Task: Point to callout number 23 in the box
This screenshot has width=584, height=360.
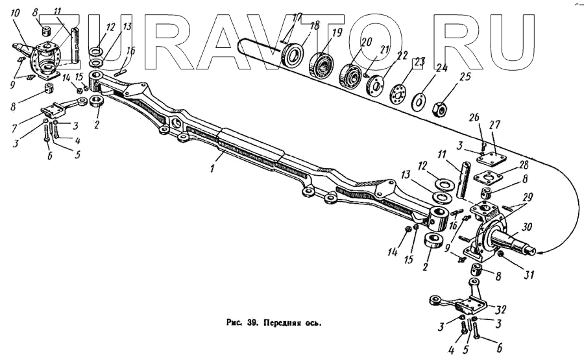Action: coord(419,62)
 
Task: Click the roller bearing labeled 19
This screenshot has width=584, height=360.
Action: coord(321,62)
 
